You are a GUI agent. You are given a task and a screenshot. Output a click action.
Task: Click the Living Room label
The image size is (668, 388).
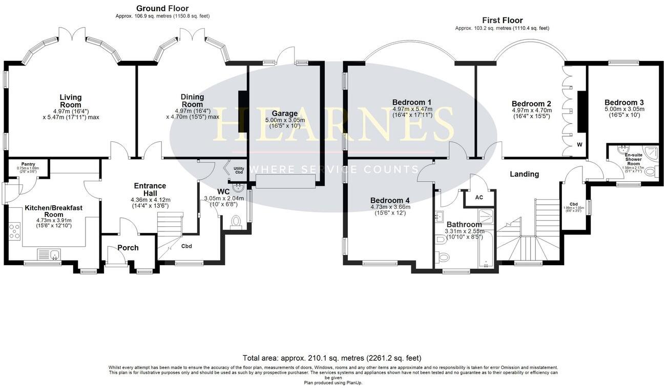pos(71,101)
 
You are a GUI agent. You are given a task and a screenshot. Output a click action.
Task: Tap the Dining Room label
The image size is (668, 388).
pos(192,100)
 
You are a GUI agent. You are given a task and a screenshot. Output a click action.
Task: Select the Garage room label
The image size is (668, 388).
pos(285,113)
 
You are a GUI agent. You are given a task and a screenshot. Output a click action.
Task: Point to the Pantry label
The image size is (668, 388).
pos(28,164)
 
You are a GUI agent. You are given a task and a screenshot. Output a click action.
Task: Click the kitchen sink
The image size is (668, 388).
pos(50,253)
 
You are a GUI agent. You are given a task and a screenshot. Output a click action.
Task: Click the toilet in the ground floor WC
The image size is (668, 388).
pos(237,222)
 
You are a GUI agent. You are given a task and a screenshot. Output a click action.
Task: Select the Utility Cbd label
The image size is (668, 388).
pos(239,170)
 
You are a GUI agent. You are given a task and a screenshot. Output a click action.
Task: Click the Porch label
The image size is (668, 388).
pos(128,248)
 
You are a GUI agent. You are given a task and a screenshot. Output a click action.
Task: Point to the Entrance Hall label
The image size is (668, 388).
pos(150,189)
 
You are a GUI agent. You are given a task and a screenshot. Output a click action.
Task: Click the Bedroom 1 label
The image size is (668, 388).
pos(412,101)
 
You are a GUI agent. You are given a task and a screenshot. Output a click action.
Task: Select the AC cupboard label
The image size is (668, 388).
pos(479,197)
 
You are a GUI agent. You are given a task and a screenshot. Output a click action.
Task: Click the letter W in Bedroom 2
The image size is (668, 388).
pos(580,144)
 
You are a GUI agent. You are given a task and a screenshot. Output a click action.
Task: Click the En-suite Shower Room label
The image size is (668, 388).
pos(634,159)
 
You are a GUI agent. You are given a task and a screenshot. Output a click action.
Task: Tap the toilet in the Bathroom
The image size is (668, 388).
pos(443,256)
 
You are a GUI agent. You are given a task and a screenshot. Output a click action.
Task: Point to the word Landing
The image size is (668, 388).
pos(524,174)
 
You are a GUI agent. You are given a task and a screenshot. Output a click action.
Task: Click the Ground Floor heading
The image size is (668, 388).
pos(162,8)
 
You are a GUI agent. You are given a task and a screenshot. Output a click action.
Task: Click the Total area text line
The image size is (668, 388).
pos(332,358)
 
